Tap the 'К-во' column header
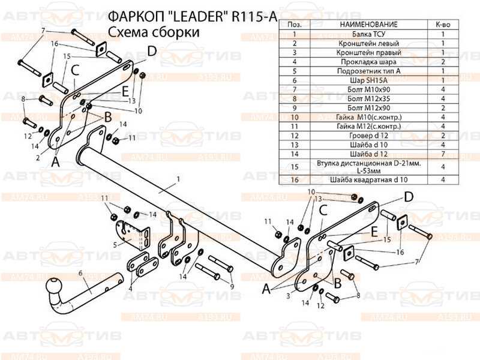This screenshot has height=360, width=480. pos(443,25)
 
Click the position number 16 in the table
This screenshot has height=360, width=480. pos(294,179)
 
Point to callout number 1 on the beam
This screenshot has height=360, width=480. pos(178,179)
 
